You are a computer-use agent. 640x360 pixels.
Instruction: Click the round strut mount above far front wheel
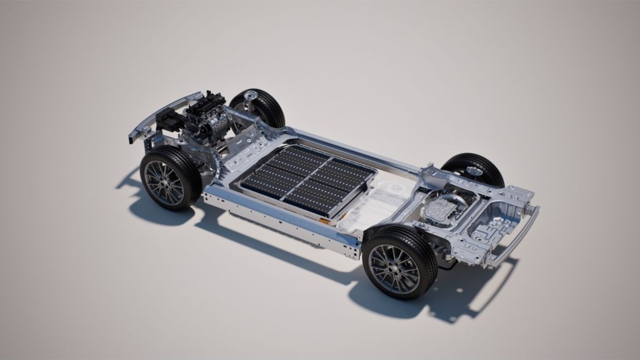pos(248,97)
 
